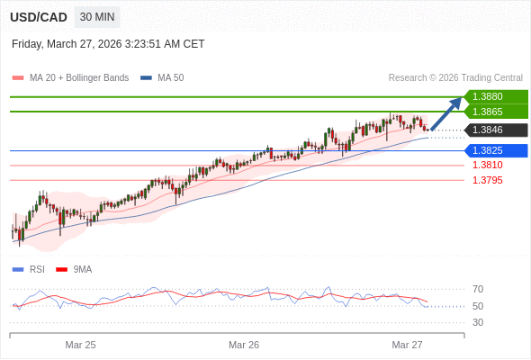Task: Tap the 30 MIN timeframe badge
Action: coord(97,17)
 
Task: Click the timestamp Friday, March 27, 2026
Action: coord(108,44)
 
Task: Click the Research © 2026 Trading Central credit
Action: coord(455,78)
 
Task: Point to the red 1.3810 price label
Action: coord(487,166)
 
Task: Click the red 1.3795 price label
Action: coord(487,180)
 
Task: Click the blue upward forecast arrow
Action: coord(445,114)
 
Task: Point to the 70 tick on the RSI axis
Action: coord(478,290)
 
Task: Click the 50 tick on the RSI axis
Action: coord(478,306)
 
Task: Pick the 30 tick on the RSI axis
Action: coord(478,322)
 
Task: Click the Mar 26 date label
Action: coord(244,345)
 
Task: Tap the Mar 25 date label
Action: coord(80,345)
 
